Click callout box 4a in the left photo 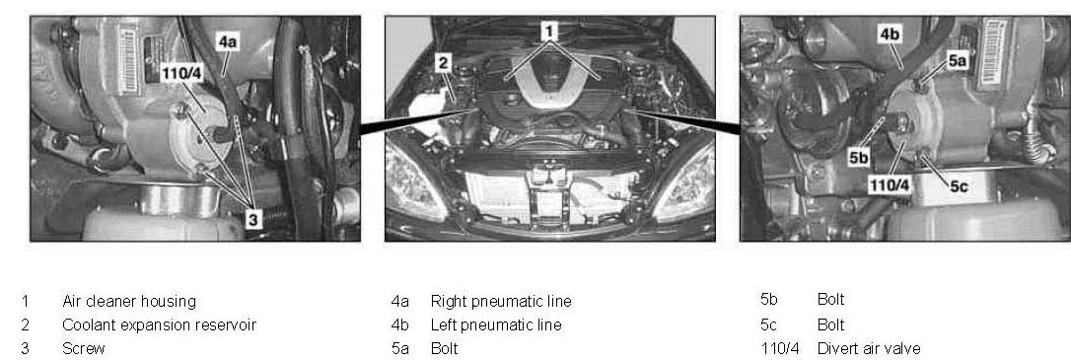[x=228, y=42]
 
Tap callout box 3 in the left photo [x=253, y=219]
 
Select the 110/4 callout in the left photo [x=181, y=73]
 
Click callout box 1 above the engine [x=550, y=32]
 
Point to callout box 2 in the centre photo [x=443, y=63]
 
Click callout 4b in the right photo [x=890, y=35]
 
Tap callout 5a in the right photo [x=958, y=61]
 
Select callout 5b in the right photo [x=859, y=158]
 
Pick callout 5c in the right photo [x=959, y=185]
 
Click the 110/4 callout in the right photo [x=890, y=184]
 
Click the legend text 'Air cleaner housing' [x=129, y=301]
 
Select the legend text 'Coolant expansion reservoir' [x=159, y=324]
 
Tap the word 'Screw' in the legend [x=83, y=349]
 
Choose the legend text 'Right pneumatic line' [x=501, y=301]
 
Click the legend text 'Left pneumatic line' [x=496, y=324]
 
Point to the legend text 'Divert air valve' [x=869, y=349]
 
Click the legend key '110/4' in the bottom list [x=779, y=349]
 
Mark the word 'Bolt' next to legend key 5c [x=830, y=324]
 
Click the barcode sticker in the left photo [x=127, y=60]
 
